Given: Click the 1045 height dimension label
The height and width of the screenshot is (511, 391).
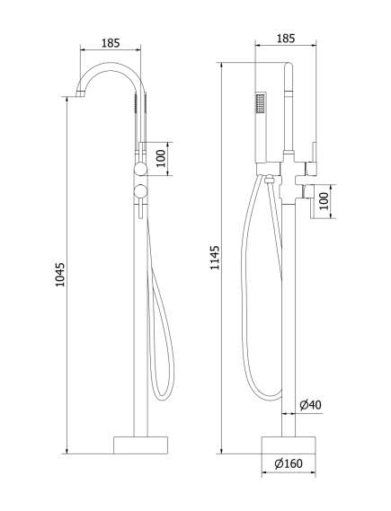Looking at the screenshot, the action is click(60, 275).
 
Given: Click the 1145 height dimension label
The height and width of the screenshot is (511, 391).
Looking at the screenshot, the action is click(215, 258).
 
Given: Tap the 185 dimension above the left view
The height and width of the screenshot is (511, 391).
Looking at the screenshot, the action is click(111, 43).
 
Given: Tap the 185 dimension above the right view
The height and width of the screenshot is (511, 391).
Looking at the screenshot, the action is click(286, 39).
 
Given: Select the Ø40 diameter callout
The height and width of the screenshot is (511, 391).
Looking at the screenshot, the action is click(310, 405).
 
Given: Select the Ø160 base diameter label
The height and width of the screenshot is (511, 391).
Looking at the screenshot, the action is click(289, 463).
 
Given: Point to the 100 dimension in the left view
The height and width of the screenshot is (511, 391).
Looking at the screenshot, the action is click(161, 159).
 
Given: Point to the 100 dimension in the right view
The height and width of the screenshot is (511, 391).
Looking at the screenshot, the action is click(324, 201).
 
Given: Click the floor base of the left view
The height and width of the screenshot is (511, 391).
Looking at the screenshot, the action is click(140, 445).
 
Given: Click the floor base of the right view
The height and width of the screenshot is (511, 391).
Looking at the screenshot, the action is click(289, 445).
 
